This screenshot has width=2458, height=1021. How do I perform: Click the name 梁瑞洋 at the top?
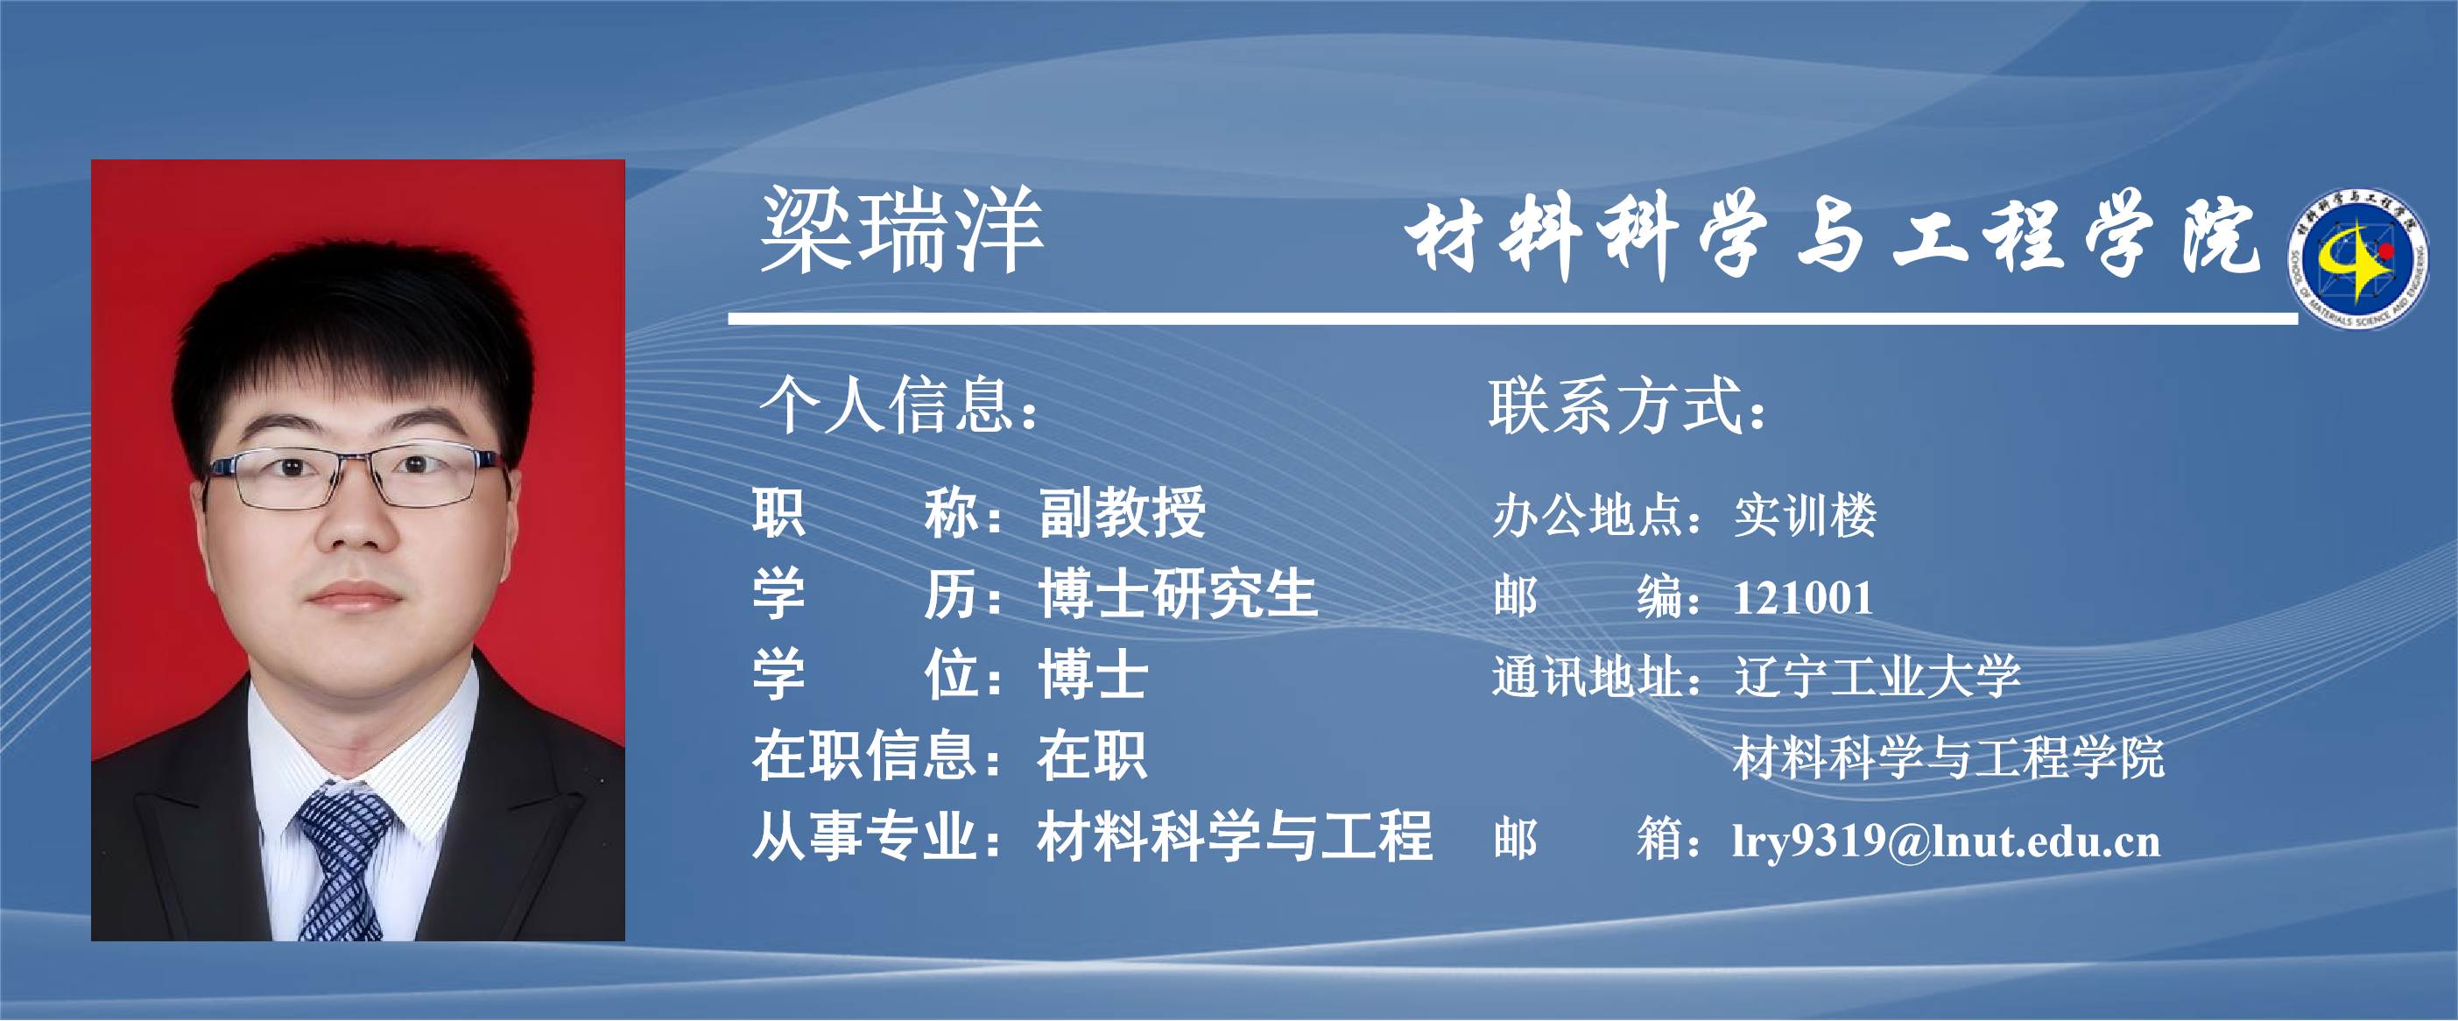click(902, 230)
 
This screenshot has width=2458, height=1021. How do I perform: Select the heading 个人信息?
click(897, 405)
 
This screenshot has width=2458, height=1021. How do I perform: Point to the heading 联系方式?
click(1627, 405)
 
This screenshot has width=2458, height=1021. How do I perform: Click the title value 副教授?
click(1122, 512)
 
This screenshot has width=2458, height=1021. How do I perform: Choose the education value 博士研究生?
click(1179, 594)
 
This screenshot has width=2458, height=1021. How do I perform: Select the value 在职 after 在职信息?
click(1093, 756)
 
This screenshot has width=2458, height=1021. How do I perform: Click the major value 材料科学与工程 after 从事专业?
click(1235, 837)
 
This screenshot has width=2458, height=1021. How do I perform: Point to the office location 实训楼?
click(1805, 515)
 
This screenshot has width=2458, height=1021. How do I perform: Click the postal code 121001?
click(1802, 598)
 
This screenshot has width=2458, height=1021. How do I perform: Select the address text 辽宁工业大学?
click(1877, 677)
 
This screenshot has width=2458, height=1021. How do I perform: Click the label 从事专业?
click(864, 837)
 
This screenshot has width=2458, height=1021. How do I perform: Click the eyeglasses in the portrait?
click(355, 475)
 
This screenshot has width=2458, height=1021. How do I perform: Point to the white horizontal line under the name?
click(1512, 318)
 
